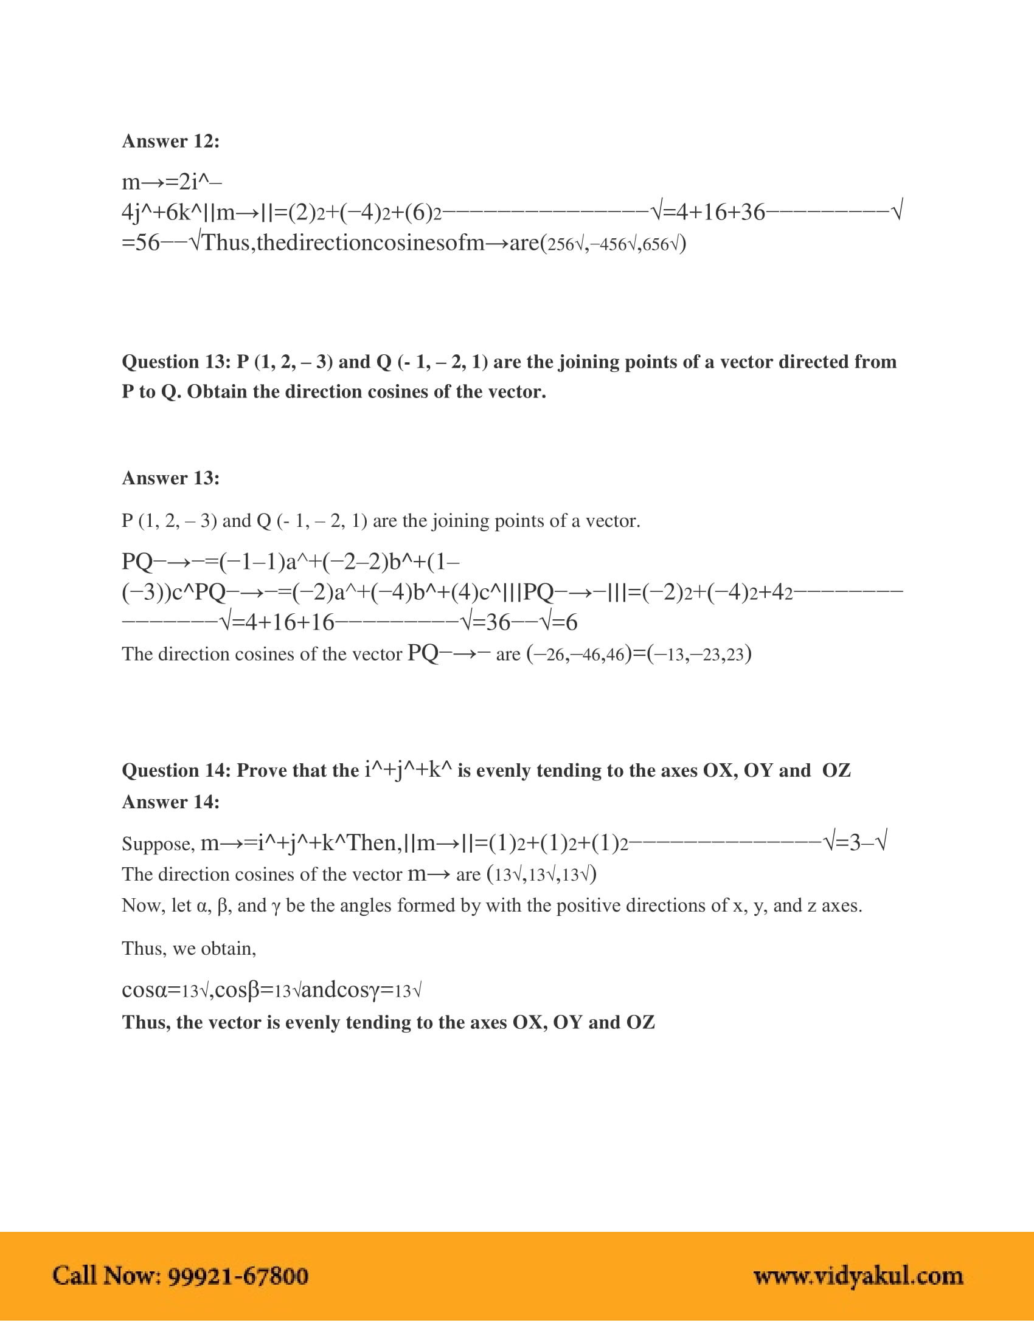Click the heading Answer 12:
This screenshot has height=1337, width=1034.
(170, 142)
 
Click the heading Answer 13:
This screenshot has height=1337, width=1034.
(170, 478)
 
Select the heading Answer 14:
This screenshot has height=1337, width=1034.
(170, 802)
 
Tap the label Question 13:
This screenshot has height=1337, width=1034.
(176, 362)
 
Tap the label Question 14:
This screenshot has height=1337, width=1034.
(176, 771)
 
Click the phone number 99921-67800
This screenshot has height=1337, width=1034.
(238, 1276)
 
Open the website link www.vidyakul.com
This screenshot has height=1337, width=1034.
(858, 1276)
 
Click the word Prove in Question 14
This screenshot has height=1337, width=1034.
(260, 771)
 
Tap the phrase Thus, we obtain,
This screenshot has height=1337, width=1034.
(189, 948)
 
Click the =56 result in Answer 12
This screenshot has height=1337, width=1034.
(141, 243)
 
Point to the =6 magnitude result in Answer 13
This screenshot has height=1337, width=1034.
(564, 622)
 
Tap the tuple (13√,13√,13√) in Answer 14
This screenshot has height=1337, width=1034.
(541, 874)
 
